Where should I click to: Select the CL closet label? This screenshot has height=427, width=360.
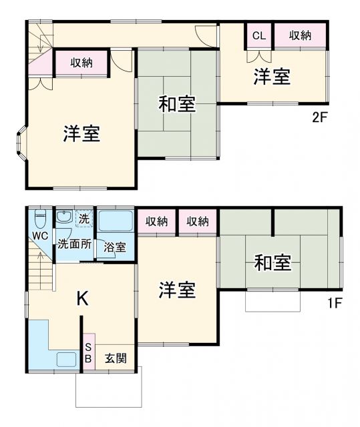click(258, 36)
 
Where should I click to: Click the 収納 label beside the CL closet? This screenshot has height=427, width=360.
click(300, 36)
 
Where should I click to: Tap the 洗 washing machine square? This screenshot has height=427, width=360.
click(84, 218)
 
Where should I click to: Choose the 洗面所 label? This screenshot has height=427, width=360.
click(73, 244)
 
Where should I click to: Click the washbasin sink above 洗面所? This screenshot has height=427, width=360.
click(64, 218)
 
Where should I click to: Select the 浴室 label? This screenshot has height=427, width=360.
click(114, 247)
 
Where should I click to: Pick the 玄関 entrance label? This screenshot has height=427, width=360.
click(115, 358)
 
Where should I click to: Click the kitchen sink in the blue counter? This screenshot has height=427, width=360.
click(66, 359)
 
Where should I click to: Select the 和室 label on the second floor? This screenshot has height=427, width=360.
click(176, 104)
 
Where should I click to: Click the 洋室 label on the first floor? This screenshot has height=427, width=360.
click(177, 290)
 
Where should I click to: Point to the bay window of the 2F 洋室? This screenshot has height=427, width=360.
click(21, 143)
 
